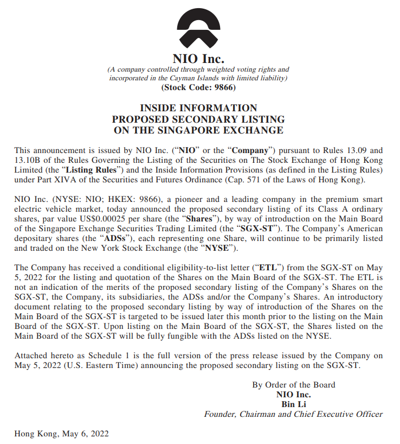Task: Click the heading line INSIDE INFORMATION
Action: pos(198,108)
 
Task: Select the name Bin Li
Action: pos(293,404)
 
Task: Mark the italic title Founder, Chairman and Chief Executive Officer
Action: pos(293,414)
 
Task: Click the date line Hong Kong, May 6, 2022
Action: pos(62,434)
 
